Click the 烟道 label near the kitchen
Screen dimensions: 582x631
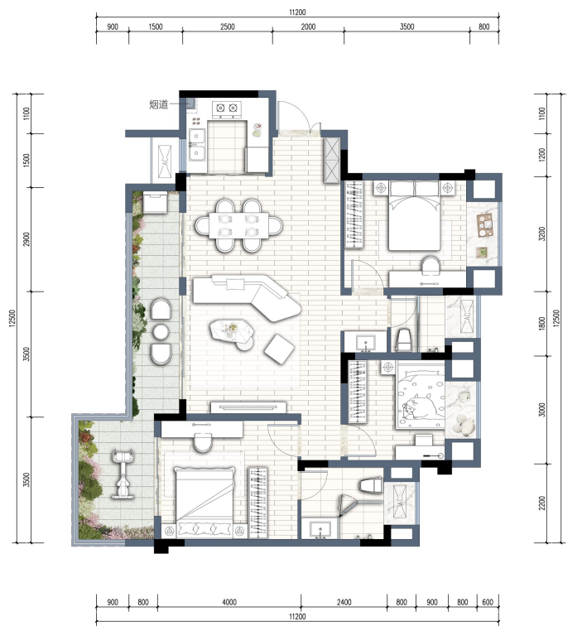pyautogui.click(x=159, y=104)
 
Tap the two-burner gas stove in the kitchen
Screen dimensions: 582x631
pyautogui.click(x=227, y=108)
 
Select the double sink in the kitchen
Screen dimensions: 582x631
pyautogui.click(x=197, y=144)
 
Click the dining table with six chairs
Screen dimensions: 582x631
pyautogui.click(x=239, y=225)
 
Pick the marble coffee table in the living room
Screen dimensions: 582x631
pyautogui.click(x=232, y=332)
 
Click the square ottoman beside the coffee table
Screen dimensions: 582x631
pyautogui.click(x=279, y=349)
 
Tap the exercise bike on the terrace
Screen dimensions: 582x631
pyautogui.click(x=123, y=474)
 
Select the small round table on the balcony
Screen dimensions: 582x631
pyautogui.click(x=161, y=332)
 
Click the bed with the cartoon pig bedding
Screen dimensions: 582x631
pyautogui.click(x=421, y=394)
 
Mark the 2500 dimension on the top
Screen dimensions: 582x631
pyautogui.click(x=227, y=27)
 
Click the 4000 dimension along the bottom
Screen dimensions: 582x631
pyautogui.click(x=229, y=602)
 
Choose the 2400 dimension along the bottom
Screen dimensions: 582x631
pyautogui.click(x=344, y=602)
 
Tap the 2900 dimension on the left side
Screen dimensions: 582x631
pyautogui.click(x=26, y=239)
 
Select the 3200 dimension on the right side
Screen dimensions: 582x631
pyautogui.click(x=542, y=234)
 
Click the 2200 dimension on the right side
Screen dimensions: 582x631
pyautogui.click(x=542, y=503)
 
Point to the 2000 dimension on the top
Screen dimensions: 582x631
pyautogui.click(x=308, y=27)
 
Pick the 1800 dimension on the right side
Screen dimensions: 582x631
pyautogui.click(x=542, y=324)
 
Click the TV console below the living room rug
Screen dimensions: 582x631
pyautogui.click(x=248, y=407)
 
